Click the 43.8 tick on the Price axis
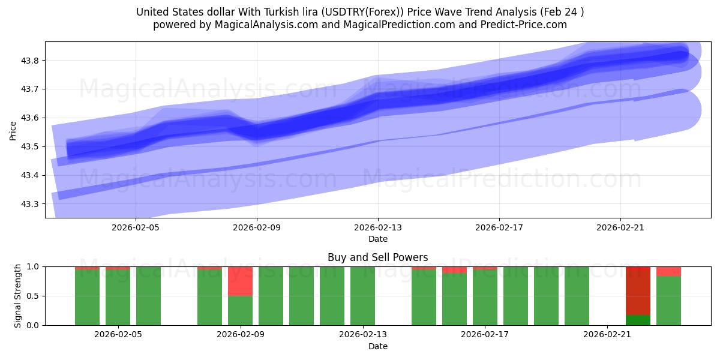click(31, 61)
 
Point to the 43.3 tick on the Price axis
click(31, 204)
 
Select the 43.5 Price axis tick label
click(31, 147)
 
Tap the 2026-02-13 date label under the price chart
click(378, 228)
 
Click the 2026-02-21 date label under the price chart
click(619, 228)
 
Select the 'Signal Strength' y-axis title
click(18, 296)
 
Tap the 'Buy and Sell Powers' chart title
click(377, 257)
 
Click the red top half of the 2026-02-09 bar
click(240, 281)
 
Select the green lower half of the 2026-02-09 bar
click(240, 310)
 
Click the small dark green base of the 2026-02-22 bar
click(638, 320)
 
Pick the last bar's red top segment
click(668, 271)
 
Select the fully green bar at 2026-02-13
click(362, 296)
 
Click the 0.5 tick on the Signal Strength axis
click(33, 296)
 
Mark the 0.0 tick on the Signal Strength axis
click(33, 325)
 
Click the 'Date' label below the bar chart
click(377, 346)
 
